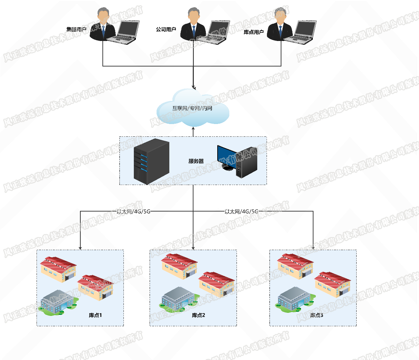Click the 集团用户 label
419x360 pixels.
coord(76,30)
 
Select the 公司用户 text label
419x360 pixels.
coord(166,30)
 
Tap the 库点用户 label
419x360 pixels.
coord(253,32)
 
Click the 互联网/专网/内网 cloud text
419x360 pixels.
coord(192,108)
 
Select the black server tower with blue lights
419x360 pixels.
coord(151,161)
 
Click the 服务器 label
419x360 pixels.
coord(196,161)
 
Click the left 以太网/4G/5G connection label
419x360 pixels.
coord(133,212)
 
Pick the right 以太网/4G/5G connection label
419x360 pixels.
coord(241,212)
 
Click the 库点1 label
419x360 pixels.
coord(95,315)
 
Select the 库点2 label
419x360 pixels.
coord(198,315)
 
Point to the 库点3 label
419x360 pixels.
coord(317,315)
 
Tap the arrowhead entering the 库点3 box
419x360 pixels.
coord(313,248)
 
